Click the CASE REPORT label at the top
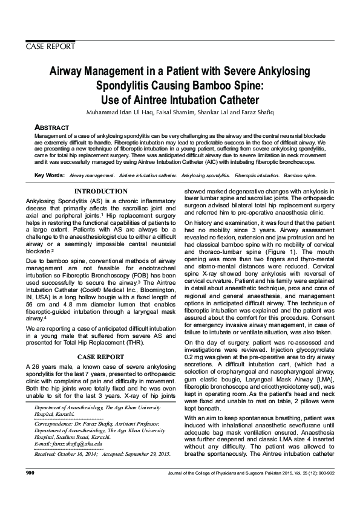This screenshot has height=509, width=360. pos(50,46)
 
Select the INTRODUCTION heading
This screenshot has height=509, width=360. pos(100,191)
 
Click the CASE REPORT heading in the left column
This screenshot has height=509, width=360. pos(100,357)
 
